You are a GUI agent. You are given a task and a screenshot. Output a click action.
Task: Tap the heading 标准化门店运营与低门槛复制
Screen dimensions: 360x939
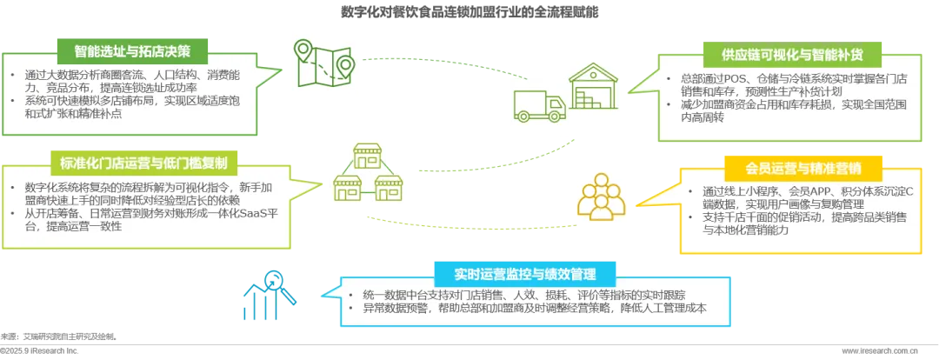coord(137,162)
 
